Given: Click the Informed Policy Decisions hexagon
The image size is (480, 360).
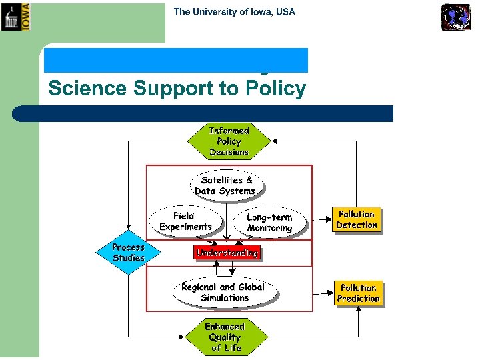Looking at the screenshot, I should [229, 141].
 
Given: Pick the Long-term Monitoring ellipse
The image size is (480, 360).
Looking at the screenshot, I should [269, 223].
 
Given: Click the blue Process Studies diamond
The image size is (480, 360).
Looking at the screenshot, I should [128, 252].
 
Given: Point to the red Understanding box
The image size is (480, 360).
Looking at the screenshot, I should [227, 253].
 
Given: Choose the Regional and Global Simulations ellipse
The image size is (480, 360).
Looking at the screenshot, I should [223, 292].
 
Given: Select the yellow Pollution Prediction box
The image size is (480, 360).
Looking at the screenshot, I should [358, 293].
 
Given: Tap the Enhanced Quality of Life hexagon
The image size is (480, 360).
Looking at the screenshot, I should [225, 337].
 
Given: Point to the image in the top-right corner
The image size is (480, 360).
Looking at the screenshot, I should [456, 17].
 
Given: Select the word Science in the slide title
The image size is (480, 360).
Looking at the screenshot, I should [85, 88].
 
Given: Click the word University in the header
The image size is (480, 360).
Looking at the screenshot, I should [213, 11].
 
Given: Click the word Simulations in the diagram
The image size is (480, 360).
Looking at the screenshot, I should [225, 297].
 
